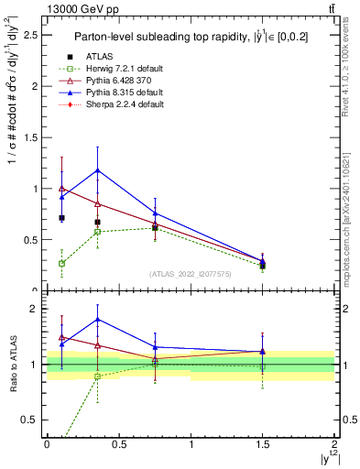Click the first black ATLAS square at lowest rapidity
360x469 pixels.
(61, 218)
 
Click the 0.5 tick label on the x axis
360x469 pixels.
(118, 442)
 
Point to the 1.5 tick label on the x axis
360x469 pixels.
(263, 442)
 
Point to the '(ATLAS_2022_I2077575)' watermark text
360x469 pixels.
(191, 274)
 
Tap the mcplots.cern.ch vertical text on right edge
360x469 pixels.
(352, 211)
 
